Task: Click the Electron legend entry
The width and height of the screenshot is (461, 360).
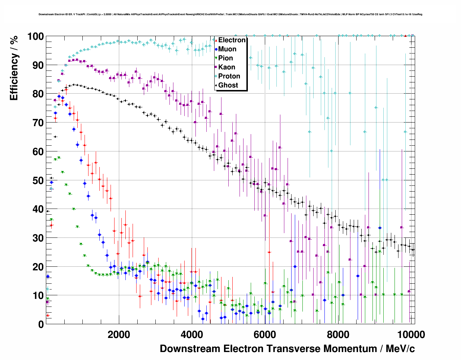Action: click(232, 40)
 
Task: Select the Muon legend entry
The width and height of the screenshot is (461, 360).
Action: click(227, 49)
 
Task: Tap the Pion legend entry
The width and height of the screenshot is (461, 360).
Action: click(225, 58)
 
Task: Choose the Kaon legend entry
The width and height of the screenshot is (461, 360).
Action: click(227, 67)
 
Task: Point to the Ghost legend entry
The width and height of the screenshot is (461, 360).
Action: click(228, 85)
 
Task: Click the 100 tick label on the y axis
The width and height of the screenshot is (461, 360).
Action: click(36, 37)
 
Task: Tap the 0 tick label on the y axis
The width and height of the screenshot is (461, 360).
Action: click(41, 324)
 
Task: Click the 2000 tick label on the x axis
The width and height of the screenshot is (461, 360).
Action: click(119, 335)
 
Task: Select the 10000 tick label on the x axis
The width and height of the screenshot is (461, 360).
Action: click(411, 335)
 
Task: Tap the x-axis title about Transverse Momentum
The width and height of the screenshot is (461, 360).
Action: click(287, 349)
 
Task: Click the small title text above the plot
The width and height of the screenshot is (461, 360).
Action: click(231, 14)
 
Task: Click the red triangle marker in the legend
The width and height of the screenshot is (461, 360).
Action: click(216, 40)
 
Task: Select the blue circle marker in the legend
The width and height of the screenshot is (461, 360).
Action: click(216, 49)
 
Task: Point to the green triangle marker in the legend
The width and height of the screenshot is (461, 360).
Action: click(216, 58)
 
